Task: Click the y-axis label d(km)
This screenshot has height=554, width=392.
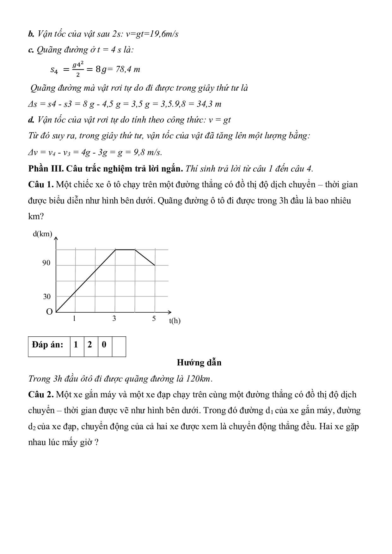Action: (42, 234)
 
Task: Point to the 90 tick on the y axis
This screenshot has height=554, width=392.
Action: (46, 263)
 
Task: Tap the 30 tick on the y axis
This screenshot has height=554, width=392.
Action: (46, 297)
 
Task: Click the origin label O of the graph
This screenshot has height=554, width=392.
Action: (49, 312)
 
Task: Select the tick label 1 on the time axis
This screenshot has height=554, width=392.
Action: (74, 318)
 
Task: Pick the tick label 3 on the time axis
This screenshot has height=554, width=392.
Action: (114, 318)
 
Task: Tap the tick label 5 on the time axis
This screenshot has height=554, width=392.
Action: (154, 318)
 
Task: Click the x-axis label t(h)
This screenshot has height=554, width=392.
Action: (175, 321)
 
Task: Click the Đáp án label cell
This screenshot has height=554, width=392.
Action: (48, 345)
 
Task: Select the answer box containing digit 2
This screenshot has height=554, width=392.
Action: (90, 345)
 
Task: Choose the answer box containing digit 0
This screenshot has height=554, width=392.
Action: (104, 345)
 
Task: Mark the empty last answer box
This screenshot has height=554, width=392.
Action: (119, 346)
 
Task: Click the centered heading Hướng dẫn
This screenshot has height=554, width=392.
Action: (199, 363)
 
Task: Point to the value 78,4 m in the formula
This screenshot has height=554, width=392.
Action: (128, 69)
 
